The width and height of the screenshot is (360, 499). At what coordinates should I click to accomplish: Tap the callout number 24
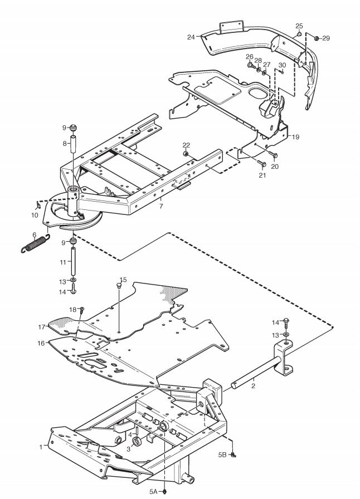191,37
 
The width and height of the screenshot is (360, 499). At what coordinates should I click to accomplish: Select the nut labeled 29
316,38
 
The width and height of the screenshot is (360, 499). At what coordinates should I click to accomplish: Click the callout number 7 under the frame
161,206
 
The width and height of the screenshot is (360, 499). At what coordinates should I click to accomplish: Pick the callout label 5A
153,492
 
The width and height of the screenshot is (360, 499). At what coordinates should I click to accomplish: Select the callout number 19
296,137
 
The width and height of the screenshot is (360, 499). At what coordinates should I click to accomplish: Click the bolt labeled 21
263,164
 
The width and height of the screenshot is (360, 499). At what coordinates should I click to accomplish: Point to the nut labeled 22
185,154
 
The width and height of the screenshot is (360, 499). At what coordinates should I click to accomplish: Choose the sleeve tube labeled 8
73,144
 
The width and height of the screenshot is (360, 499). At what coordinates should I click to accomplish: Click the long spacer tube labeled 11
73,262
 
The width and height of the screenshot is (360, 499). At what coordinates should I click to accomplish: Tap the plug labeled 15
119,286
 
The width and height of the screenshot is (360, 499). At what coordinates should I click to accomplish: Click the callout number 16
41,343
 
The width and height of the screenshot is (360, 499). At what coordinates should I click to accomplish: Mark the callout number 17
42,327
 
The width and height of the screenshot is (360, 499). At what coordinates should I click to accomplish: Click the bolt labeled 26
250,66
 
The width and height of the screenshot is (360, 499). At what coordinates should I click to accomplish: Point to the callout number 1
41,447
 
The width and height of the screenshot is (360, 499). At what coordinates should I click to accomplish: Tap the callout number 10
35,215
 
